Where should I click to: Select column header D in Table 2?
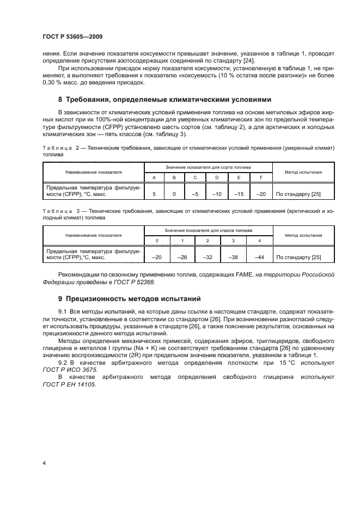[217, 178]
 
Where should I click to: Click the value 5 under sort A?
[155, 193]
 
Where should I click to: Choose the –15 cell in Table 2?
[239, 193]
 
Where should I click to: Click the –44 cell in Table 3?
[259, 257]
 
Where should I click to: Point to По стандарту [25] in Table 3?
[298, 257]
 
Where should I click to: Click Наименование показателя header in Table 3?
[93, 235]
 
